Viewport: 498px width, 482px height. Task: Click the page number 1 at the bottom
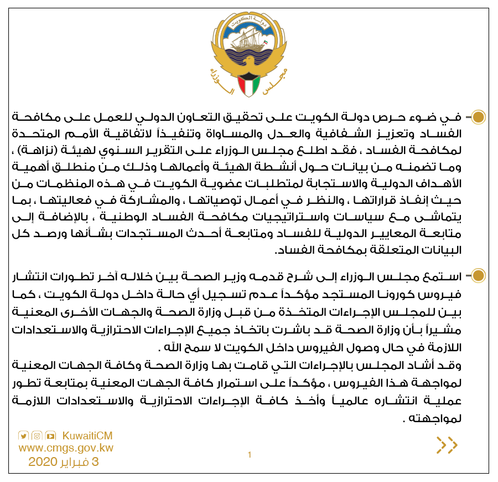250,455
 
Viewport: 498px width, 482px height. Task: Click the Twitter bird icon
24,435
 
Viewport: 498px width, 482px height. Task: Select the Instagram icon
37,435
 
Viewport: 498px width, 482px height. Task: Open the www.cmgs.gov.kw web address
66,448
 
